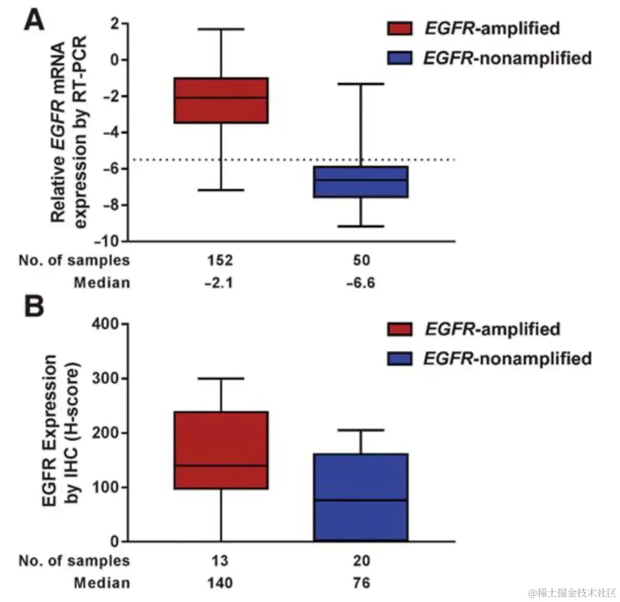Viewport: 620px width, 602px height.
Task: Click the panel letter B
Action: (34, 307)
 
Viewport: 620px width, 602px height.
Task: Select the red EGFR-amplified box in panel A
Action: (221, 101)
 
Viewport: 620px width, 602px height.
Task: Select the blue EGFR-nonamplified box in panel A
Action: (360, 182)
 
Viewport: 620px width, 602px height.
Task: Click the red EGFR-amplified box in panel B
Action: (221, 450)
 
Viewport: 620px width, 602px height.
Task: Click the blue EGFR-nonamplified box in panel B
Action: (360, 497)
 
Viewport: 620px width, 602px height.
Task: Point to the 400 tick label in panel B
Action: (111, 324)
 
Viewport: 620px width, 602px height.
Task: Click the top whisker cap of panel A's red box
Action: (221, 29)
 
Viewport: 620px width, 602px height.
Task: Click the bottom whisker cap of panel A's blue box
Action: (360, 226)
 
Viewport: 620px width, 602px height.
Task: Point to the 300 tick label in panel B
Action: (111, 379)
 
